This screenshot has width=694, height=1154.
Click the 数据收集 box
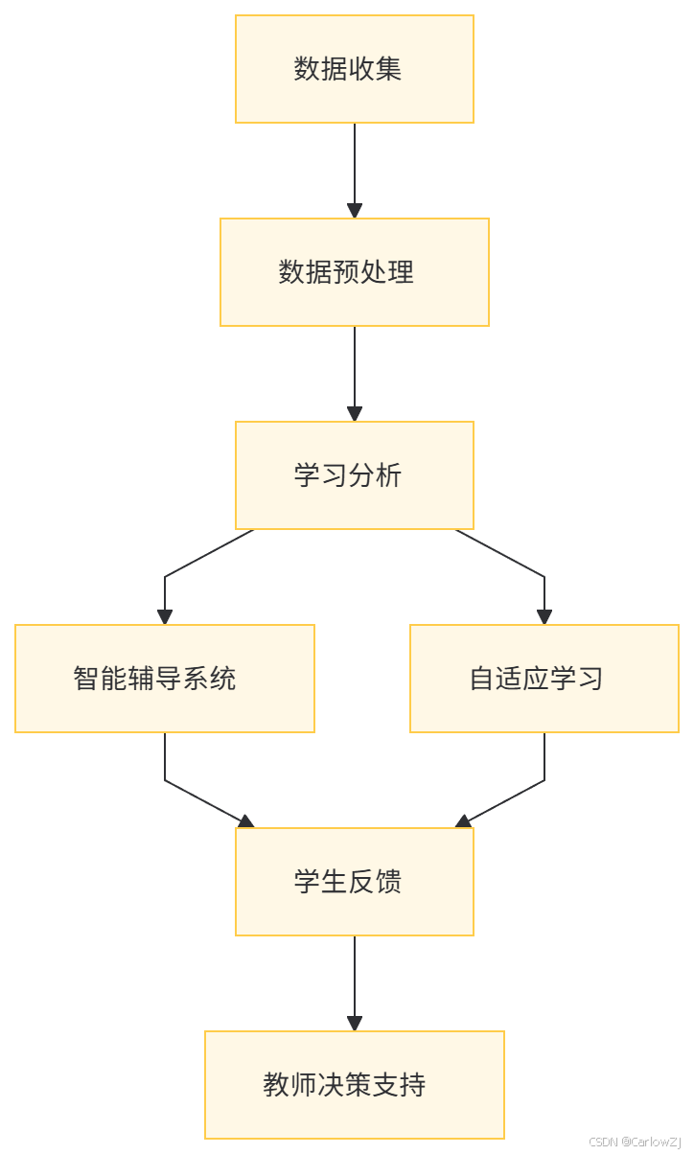tap(355, 69)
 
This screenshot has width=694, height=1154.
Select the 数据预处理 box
tap(355, 272)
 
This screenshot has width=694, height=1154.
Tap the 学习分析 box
tap(355, 475)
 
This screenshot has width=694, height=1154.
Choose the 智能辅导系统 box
tap(165, 679)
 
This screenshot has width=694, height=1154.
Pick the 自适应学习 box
tap(544, 679)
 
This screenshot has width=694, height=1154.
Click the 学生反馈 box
tap(355, 882)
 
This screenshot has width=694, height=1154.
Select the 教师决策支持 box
tap(355, 1085)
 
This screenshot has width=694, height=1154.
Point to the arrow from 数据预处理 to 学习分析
tap(355, 374)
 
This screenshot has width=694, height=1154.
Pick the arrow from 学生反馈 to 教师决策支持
tap(355, 983)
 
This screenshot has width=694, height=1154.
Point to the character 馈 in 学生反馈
tap(388, 882)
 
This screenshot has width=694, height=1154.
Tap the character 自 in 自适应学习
tap(481, 679)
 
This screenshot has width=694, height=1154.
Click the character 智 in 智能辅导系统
tap(86, 679)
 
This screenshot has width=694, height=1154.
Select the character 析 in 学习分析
tap(388, 475)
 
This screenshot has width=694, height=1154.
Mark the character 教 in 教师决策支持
tap(276, 1085)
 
